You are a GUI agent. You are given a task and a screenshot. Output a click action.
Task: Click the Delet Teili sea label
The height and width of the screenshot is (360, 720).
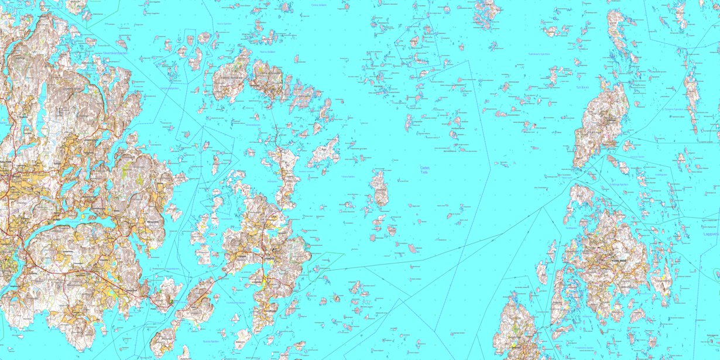tap(424, 170)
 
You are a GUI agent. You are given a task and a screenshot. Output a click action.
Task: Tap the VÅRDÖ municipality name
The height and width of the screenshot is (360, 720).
tap(269, 253)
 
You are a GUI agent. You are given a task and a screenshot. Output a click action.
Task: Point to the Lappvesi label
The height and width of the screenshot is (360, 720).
tap(711, 234)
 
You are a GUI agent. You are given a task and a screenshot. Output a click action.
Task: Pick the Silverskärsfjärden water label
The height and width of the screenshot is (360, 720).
tap(115, 53)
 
